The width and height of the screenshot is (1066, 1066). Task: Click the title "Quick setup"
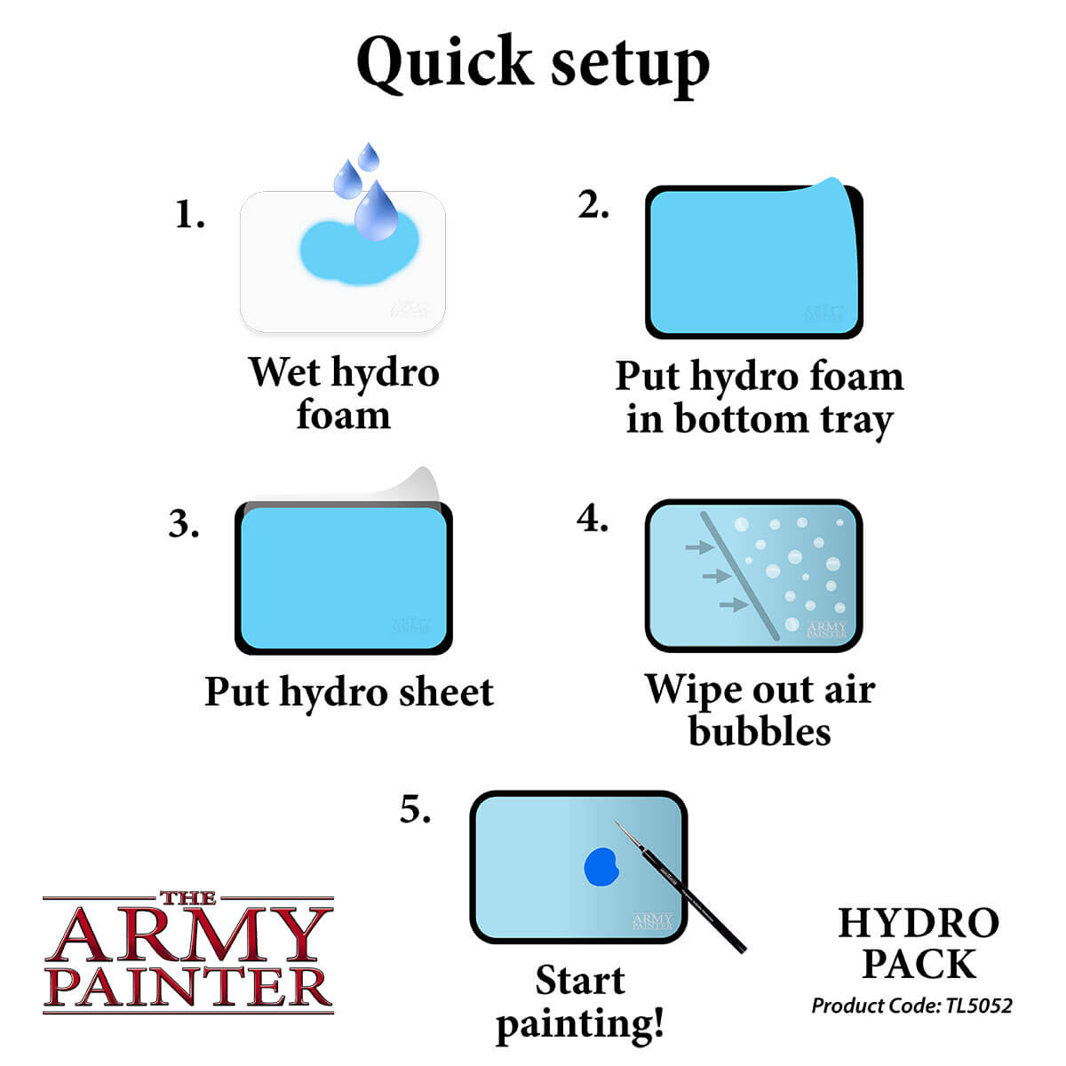click(533, 64)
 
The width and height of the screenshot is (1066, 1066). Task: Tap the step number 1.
click(189, 215)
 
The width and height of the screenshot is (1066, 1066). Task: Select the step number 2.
click(593, 205)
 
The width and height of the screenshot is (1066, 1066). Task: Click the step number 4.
click(592, 519)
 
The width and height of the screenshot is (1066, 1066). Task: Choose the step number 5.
click(415, 809)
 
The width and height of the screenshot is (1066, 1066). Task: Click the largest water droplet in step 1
click(376, 213)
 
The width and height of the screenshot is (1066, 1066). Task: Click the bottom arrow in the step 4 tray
click(733, 605)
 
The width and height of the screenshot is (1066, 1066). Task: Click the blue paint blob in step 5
click(601, 866)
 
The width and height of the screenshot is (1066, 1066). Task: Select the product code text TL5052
click(978, 1006)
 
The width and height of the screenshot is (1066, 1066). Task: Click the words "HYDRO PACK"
click(919, 943)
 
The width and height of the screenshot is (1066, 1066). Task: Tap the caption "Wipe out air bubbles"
click(760, 710)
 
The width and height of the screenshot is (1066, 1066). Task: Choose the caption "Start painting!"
click(580, 1001)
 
